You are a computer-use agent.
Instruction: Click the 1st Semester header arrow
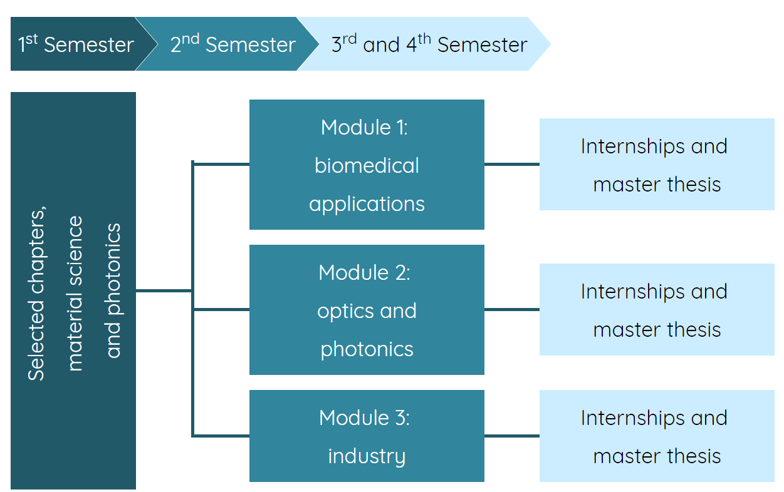(x=75, y=44)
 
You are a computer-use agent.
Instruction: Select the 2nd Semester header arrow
(x=232, y=44)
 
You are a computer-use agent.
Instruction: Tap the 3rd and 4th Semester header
(x=429, y=44)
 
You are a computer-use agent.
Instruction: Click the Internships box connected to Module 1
(x=656, y=165)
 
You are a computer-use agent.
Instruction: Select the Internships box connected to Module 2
(x=656, y=310)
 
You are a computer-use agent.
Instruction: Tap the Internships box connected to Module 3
(x=656, y=436)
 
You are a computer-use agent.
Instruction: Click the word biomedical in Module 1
(x=367, y=166)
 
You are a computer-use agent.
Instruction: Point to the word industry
(x=367, y=456)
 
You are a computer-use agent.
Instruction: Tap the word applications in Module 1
(x=367, y=204)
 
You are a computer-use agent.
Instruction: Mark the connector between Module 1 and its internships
(x=511, y=165)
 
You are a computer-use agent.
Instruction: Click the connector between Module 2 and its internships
(x=511, y=309)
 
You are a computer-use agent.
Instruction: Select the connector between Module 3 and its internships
(x=511, y=436)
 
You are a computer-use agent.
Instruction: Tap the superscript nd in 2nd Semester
(x=191, y=39)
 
